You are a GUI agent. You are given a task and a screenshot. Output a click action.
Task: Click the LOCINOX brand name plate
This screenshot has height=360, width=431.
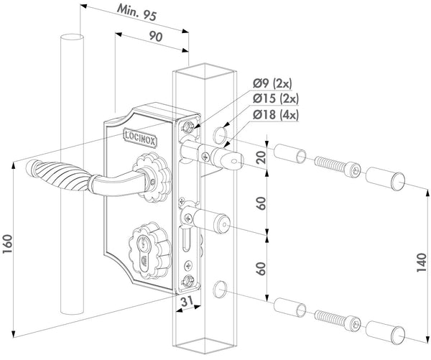click(140, 137)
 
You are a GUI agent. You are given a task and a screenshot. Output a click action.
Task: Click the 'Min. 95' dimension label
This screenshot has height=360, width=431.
click(136, 12)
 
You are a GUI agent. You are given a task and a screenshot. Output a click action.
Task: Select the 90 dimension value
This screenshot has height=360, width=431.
click(156, 36)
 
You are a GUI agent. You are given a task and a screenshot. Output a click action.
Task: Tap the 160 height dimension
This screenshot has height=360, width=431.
click(7, 244)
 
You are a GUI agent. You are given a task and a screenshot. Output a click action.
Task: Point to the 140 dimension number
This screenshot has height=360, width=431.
click(422, 263)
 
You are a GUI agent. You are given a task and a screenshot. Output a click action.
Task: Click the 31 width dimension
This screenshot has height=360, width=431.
click(187, 301)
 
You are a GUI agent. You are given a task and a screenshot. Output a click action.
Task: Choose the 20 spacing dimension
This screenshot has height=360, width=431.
click(261, 157)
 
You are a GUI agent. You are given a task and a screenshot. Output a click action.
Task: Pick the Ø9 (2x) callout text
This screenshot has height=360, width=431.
click(272, 83)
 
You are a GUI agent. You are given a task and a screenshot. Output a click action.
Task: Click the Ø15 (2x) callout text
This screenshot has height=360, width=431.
click(275, 98)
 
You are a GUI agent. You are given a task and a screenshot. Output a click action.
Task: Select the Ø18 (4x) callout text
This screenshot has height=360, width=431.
click(275, 115)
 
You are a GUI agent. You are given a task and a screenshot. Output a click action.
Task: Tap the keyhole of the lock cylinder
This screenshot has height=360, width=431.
click(144, 251)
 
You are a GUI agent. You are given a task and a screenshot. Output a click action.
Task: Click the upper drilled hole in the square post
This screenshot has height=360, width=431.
click(219, 135)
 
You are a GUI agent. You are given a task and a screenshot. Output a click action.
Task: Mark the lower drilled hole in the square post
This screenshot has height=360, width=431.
click(219, 290)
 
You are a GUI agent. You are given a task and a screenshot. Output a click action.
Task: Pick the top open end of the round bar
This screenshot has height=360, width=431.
click(72, 37)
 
